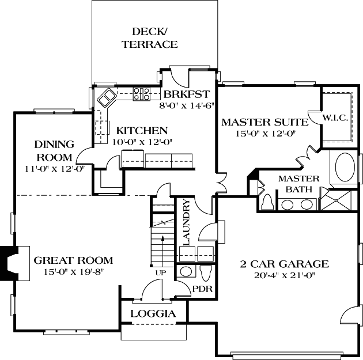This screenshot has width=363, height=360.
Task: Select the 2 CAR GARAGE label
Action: point(285,264)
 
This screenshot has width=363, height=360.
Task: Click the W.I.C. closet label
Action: point(335,119)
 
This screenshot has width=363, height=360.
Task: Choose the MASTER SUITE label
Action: point(258,122)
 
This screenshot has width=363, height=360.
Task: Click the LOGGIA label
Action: point(153,314)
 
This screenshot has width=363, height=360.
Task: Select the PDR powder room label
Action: point(200,289)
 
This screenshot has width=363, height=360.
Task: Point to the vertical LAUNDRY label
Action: point(186,222)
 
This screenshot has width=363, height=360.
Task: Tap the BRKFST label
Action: point(186,94)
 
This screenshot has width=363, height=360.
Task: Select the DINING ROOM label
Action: point(54,150)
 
